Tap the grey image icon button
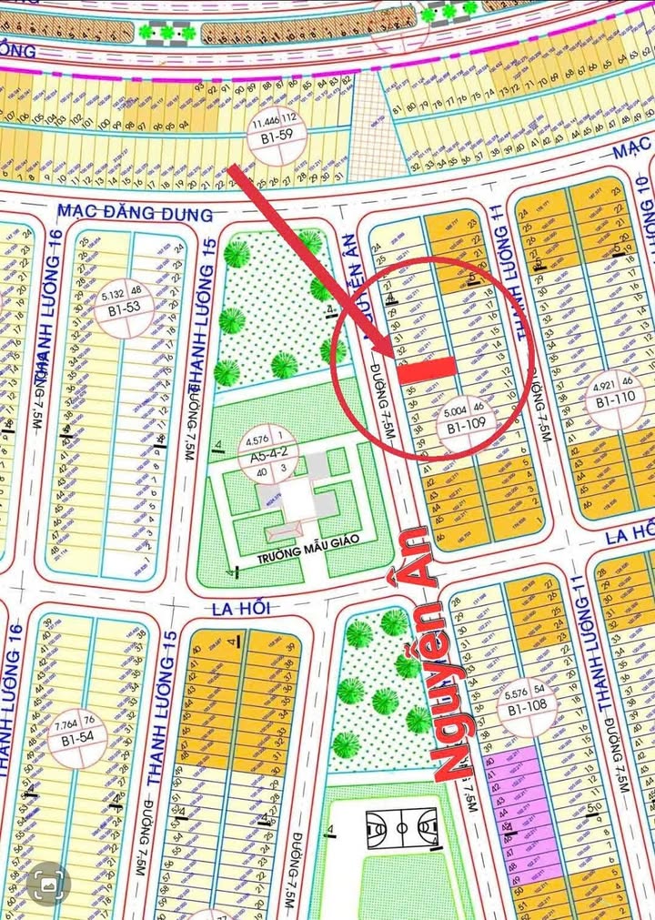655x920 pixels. (48, 884)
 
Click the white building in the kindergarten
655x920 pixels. (298, 499)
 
